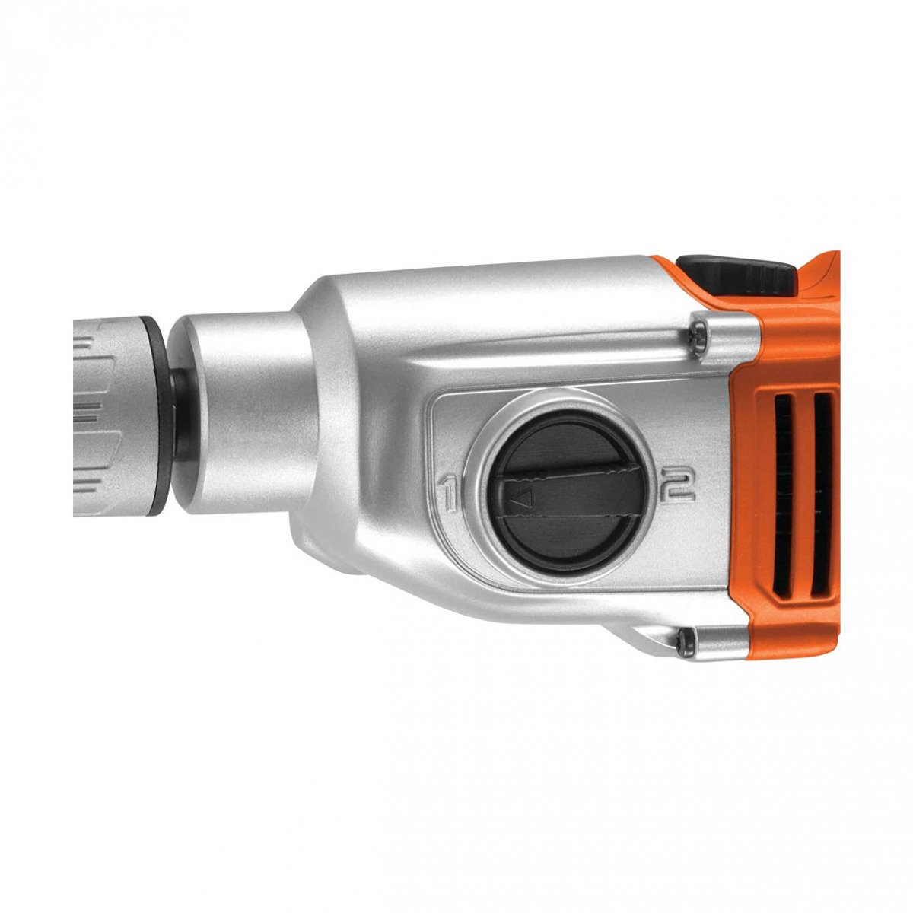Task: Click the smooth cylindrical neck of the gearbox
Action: (243, 411)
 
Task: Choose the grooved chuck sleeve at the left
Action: (107, 418)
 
